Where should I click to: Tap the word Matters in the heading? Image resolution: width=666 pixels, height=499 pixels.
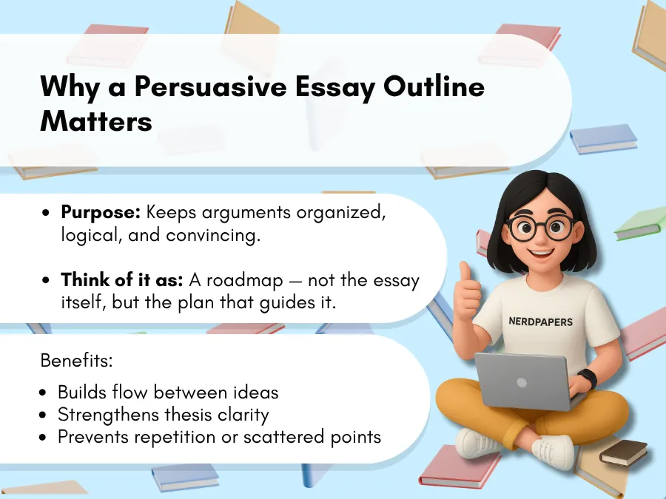pyautogui.click(x=96, y=120)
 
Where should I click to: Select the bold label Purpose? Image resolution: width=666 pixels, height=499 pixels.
pyautogui.click(x=101, y=212)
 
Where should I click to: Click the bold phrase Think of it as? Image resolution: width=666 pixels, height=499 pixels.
pyautogui.click(x=121, y=280)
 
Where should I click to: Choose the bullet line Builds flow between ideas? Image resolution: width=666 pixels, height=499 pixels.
pyautogui.click(x=168, y=392)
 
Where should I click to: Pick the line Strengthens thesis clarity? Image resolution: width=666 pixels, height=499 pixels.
pyautogui.click(x=163, y=414)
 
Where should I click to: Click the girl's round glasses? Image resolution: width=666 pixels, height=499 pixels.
pyautogui.click(x=540, y=228)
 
